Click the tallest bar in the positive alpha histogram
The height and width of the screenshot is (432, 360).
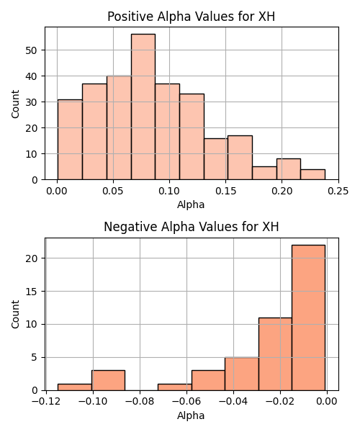(143, 107)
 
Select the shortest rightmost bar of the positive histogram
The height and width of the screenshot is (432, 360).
(313, 174)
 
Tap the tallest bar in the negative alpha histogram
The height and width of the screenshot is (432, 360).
(308, 318)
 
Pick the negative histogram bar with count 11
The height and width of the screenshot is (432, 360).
(275, 354)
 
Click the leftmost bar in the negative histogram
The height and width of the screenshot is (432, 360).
(75, 387)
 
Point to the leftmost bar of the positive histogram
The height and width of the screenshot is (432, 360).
(70, 140)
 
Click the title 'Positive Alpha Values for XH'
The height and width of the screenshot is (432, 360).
(191, 17)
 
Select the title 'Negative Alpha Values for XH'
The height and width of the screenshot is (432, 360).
(192, 227)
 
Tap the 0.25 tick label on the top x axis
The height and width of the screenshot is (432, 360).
(338, 191)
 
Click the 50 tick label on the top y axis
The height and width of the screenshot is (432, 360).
(32, 50)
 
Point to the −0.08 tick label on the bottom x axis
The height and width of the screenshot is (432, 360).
(140, 402)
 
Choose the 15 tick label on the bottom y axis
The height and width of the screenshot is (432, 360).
(32, 292)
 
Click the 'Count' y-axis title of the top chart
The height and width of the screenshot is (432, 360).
(15, 104)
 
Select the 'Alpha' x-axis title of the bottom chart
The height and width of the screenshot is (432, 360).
(191, 415)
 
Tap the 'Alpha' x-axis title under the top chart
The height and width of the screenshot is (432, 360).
(191, 204)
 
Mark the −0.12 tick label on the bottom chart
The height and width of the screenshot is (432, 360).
(46, 402)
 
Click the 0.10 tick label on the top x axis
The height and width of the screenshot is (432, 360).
(169, 191)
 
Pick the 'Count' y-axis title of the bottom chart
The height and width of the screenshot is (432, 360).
(15, 315)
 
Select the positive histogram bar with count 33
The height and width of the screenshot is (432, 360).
(192, 137)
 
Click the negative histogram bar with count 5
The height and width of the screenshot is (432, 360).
(242, 374)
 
